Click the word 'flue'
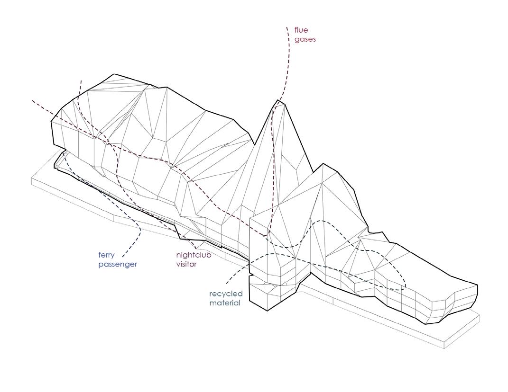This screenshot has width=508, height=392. [x=301, y=30]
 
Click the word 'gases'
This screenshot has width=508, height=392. [x=305, y=39]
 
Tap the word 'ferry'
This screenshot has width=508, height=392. [x=107, y=255]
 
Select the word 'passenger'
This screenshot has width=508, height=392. [x=118, y=264]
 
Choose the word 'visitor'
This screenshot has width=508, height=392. [x=186, y=264]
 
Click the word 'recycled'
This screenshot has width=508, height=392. [x=226, y=294]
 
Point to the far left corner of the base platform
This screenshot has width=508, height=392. [x=32, y=179]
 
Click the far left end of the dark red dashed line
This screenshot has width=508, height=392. [x=32, y=100]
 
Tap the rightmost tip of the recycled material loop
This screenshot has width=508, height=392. [x=406, y=286]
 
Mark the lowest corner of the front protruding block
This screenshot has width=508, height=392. [x=268, y=311]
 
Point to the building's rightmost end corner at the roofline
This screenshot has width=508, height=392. [x=477, y=285]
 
